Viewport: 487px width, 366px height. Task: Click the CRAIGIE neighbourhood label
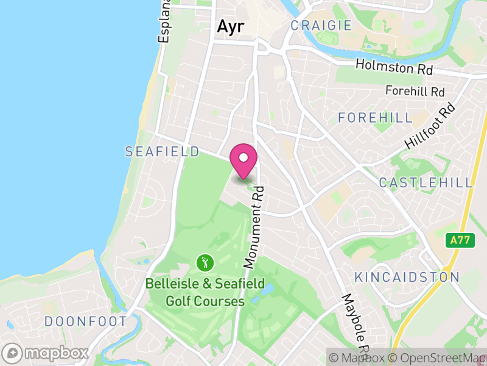[x=321, y=26]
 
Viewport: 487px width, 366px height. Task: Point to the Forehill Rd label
[x=415, y=91]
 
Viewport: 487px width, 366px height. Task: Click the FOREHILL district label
[x=375, y=118]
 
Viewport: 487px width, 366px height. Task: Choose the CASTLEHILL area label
[x=426, y=182]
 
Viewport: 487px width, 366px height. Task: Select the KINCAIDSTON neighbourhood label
[x=407, y=277]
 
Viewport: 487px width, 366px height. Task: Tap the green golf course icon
[x=205, y=264]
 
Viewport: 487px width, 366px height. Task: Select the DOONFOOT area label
[x=85, y=321]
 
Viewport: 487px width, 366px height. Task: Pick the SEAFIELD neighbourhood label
[x=162, y=151]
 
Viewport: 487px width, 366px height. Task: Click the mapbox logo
[x=46, y=353]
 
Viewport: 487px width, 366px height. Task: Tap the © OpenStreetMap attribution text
[x=438, y=357]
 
